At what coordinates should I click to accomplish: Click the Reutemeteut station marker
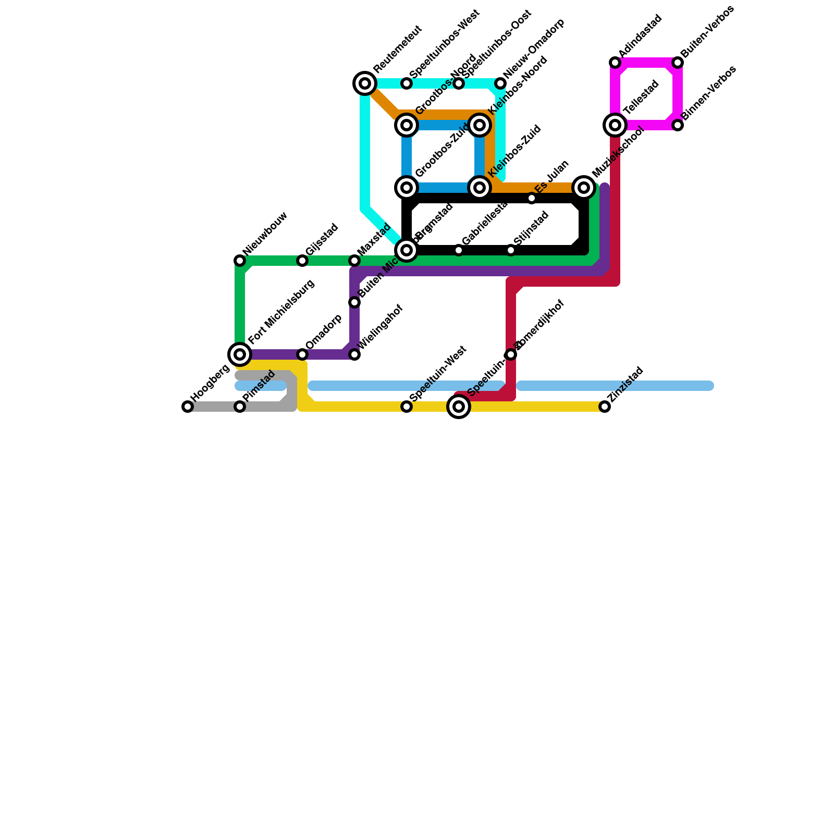tap(365, 83)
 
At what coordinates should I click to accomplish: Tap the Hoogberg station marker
tap(188, 407)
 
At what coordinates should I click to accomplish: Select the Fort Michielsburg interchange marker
tap(240, 354)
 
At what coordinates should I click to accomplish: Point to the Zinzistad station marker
tap(605, 407)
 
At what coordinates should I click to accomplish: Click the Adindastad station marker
tap(615, 63)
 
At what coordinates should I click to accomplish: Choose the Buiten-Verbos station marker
tap(678, 63)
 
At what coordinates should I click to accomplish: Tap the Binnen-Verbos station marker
tap(678, 125)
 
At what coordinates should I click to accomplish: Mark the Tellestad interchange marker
tap(615, 125)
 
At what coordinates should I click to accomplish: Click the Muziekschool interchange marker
tap(584, 188)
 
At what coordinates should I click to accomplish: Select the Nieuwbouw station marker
tap(240, 261)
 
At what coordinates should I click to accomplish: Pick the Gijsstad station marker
tap(302, 261)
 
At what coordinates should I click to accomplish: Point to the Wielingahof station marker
tap(354, 354)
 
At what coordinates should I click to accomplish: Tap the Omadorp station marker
tap(302, 354)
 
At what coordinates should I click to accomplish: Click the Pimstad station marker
tap(240, 407)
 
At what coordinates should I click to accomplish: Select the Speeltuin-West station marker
tap(407, 407)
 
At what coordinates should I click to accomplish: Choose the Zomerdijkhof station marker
tap(511, 354)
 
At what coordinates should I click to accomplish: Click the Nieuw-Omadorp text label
tap(534, 50)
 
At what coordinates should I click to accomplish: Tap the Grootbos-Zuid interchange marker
tap(407, 188)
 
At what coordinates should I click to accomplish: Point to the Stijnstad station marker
tap(511, 250)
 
